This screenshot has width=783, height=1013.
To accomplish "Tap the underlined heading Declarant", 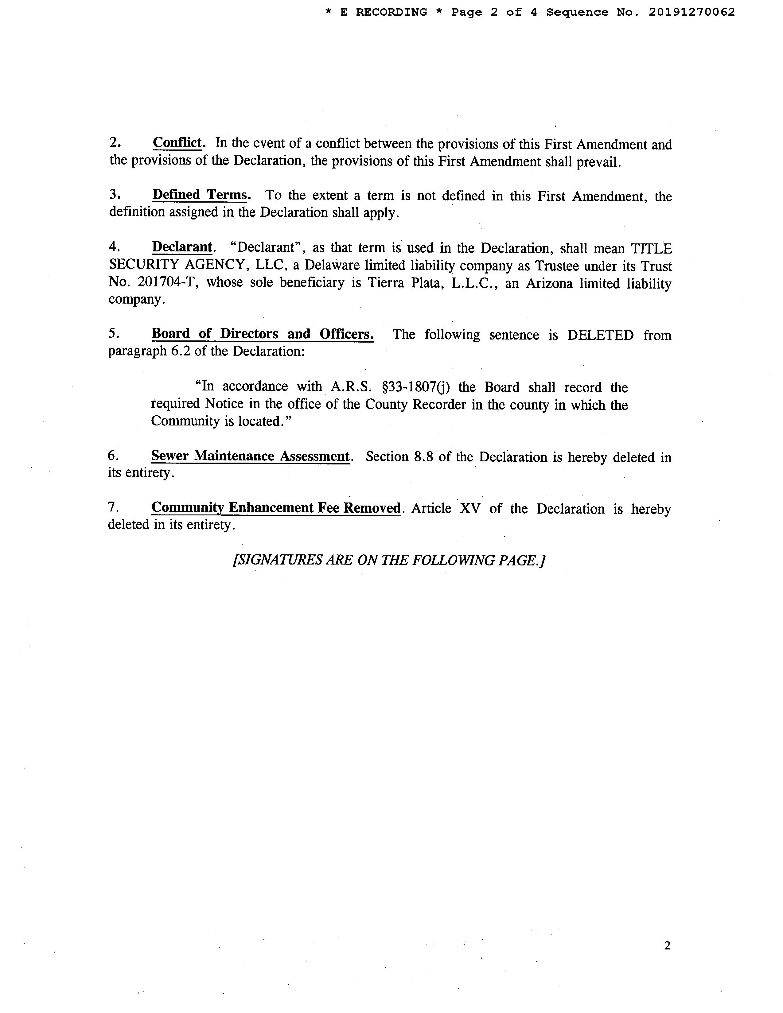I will (182, 247).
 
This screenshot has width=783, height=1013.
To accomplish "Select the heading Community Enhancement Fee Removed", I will (276, 508).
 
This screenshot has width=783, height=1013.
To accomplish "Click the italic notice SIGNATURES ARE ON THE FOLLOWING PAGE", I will (389, 560).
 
